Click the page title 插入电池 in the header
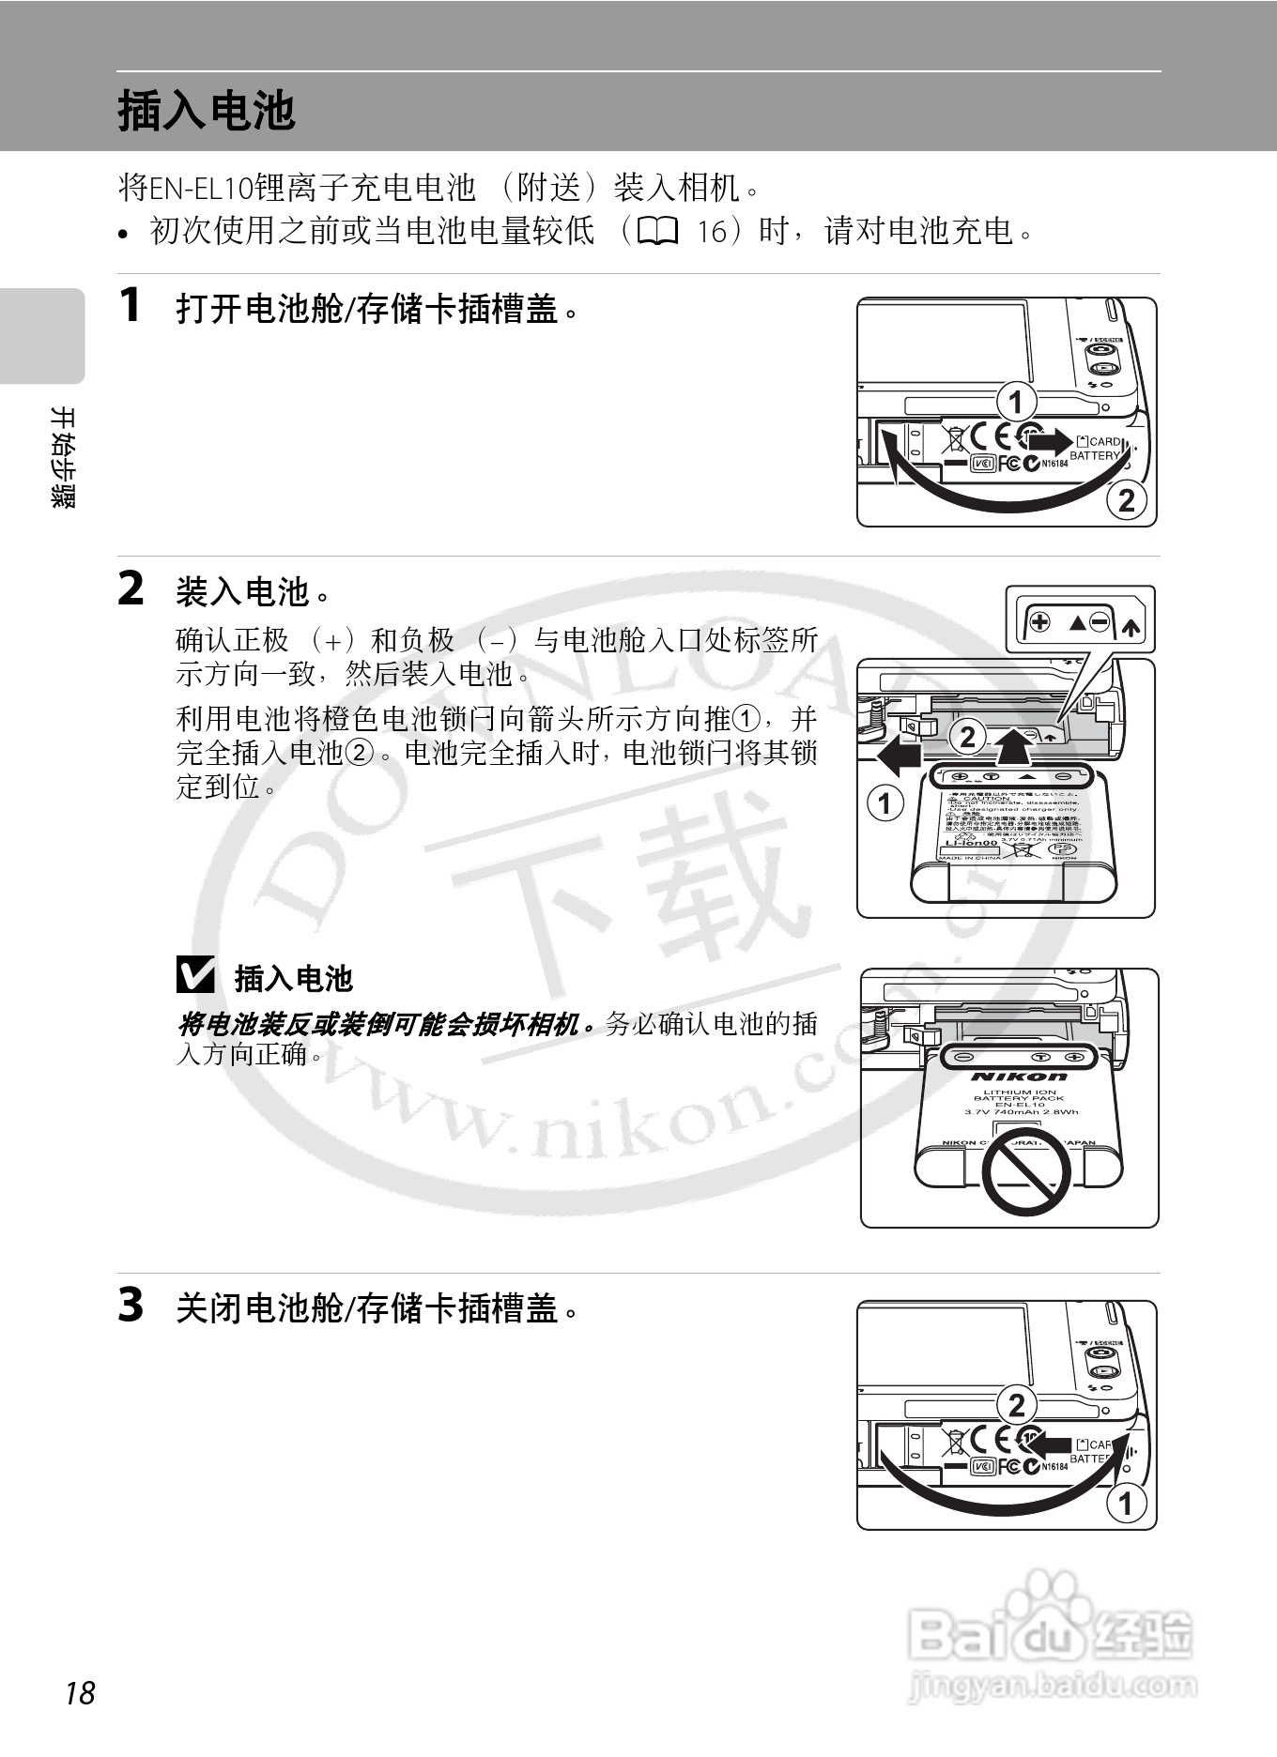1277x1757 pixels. click(x=207, y=111)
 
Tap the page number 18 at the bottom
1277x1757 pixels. click(x=80, y=1693)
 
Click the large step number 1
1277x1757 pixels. click(x=131, y=305)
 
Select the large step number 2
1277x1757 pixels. click(x=131, y=589)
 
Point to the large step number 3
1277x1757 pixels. click(x=131, y=1305)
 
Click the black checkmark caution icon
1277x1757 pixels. click(x=195, y=975)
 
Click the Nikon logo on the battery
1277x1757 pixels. click(x=1020, y=1076)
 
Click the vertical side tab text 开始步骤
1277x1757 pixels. click(x=63, y=457)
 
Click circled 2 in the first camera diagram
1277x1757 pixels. click(x=1126, y=499)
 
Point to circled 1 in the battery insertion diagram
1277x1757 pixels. click(x=885, y=803)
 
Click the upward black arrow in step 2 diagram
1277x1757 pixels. click(x=1011, y=747)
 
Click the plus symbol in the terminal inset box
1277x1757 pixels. click(x=1039, y=622)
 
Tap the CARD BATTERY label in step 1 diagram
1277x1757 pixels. click(x=1098, y=449)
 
